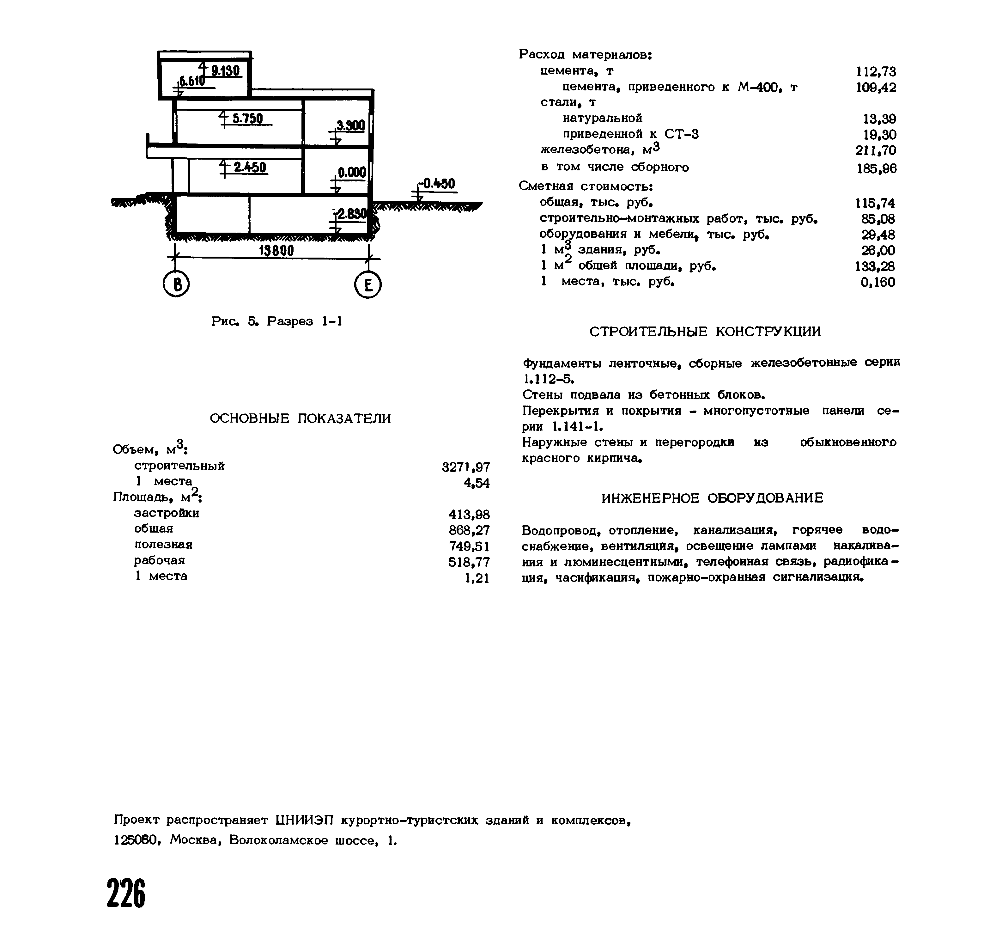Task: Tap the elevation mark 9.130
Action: (x=225, y=70)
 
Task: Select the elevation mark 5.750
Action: (x=247, y=119)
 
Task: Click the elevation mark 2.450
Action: (x=250, y=167)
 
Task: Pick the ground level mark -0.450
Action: (x=439, y=183)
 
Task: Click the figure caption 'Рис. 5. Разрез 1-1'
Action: (x=276, y=321)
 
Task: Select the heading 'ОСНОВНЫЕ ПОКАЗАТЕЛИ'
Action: (x=300, y=419)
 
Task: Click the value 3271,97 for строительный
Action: (x=466, y=467)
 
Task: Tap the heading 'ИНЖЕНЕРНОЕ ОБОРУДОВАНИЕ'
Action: (x=712, y=498)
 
